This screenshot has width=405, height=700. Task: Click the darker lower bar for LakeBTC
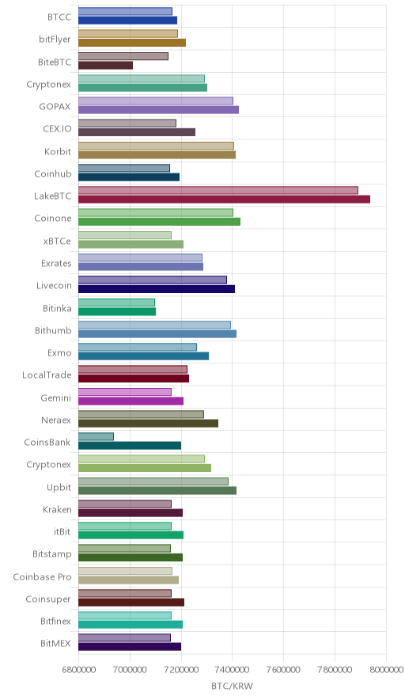(225, 199)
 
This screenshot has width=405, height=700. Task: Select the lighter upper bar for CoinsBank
(96, 436)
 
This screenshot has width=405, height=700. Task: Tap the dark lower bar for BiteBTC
(106, 65)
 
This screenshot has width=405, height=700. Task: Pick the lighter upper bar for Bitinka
(116, 302)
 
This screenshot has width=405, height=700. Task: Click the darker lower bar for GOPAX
(158, 110)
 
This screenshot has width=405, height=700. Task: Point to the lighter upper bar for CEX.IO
(127, 124)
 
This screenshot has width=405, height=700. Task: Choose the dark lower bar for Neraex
(148, 423)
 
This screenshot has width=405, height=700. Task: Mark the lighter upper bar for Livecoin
(153, 280)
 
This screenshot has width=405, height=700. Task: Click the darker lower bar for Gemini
(131, 401)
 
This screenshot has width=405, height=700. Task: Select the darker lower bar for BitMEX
(130, 647)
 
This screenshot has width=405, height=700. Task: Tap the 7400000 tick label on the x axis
(232, 670)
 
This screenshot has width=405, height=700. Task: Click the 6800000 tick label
(78, 670)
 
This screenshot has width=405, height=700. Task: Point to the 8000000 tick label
(385, 670)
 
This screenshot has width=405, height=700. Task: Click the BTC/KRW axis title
(232, 687)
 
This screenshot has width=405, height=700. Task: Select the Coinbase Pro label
(42, 576)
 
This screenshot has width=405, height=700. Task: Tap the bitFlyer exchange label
(55, 40)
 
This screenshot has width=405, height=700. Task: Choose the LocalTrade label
(47, 375)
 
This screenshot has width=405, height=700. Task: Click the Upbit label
(59, 488)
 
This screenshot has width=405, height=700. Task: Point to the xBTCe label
(57, 241)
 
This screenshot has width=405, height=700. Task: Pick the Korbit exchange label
(58, 152)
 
